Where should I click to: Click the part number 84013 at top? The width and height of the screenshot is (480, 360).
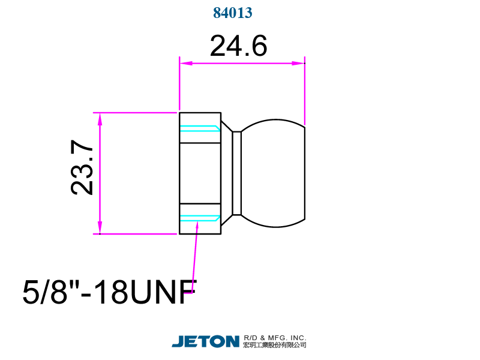tap(233, 13)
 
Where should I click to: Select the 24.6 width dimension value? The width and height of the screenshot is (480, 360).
tap(238, 46)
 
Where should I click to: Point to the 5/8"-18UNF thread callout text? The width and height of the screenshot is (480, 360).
tap(110, 292)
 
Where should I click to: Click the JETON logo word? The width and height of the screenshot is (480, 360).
tap(206, 341)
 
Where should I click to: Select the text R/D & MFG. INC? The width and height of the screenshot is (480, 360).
tap(275, 337)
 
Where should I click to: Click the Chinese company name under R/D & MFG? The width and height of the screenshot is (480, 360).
tap(275, 345)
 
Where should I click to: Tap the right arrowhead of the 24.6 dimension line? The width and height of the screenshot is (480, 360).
tap(299, 63)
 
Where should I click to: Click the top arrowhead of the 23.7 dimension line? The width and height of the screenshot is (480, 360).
tap(100, 118)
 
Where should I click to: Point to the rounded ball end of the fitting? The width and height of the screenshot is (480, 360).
tap(276, 173)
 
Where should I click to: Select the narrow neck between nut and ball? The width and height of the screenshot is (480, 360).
tap(237, 173)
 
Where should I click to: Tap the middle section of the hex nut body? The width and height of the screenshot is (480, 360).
tap(200, 173)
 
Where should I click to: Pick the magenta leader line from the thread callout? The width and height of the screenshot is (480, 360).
tap(195, 258)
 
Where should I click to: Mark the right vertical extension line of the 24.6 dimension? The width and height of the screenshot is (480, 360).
tap(305, 90)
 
